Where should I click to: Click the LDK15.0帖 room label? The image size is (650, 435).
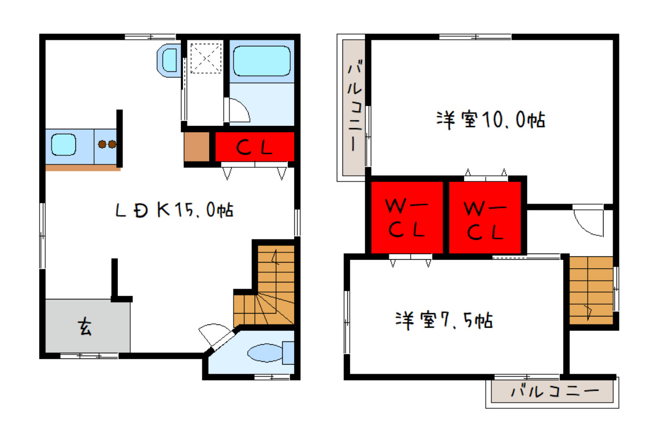tap(175, 210)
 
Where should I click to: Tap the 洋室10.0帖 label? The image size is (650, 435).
tap(491, 120)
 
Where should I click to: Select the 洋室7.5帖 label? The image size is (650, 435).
tap(444, 320)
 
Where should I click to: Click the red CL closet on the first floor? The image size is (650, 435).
tap(254, 147)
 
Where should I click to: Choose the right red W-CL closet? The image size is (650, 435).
tap(485, 218)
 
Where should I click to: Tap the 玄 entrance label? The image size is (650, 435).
tap(86, 327)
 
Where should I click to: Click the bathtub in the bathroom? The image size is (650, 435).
tap(262, 61)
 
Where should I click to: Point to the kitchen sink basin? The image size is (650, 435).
tap(63, 145)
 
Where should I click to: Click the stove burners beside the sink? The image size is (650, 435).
tap(107, 144)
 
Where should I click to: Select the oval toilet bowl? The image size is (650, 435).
tap(265, 353)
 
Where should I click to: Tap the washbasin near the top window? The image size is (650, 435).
tap(169, 60)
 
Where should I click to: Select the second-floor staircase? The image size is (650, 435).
tap(590, 290)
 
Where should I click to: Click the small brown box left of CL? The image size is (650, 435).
tap(197, 147)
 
